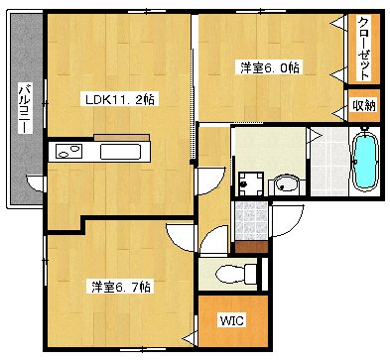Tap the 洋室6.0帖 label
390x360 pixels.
tap(269, 67)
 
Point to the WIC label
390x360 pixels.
tap(231, 321)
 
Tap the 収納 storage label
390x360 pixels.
tap(363, 105)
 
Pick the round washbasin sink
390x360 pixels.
tap(286, 183)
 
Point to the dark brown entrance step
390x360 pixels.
tap(248, 247)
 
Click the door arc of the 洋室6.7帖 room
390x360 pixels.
tap(182, 236)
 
